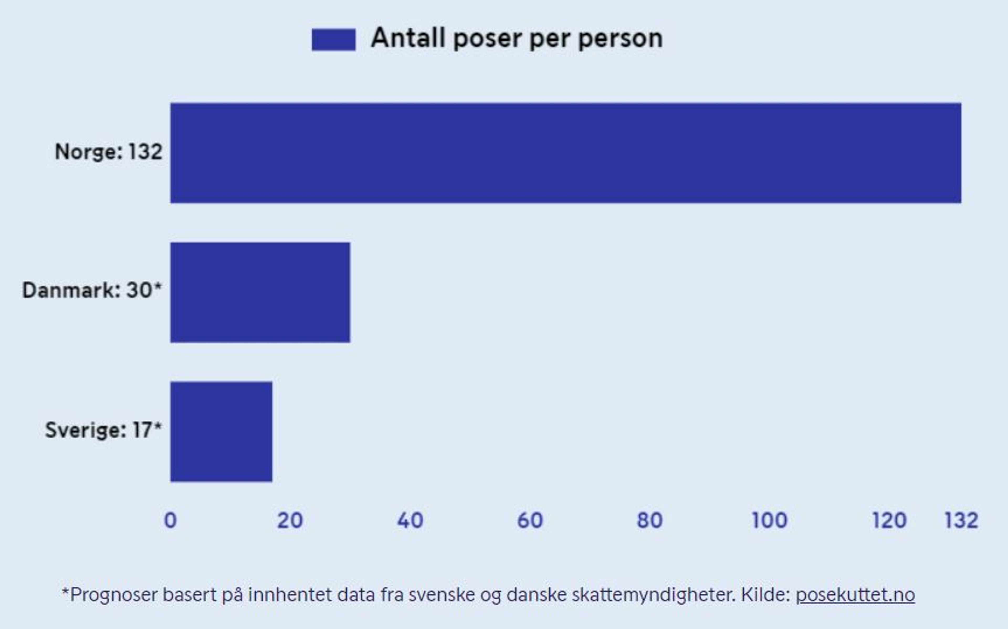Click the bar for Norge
[566, 153]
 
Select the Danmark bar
[260, 292]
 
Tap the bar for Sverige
[221, 432]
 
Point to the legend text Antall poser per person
[517, 39]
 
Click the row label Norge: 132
[109, 151]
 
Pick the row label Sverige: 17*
[103, 430]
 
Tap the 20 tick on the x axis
[290, 520]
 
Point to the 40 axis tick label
[410, 520]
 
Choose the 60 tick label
[530, 520]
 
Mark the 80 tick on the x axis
[650, 520]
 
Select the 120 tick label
[889, 520]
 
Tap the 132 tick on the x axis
[961, 520]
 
